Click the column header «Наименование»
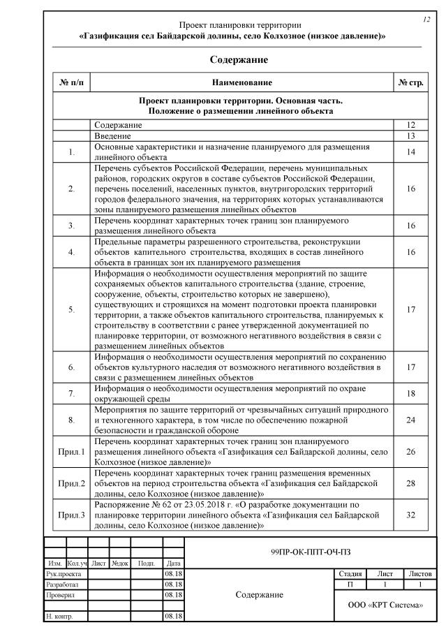click(x=241, y=82)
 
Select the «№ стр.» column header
click(x=411, y=82)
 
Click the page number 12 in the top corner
click(x=426, y=20)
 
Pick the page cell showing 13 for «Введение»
click(x=411, y=136)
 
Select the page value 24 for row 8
click(x=411, y=420)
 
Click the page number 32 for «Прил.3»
click(x=411, y=515)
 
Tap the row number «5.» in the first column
click(x=73, y=309)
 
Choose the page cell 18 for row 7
click(x=411, y=393)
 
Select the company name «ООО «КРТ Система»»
click(x=385, y=605)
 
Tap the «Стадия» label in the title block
click(x=350, y=573)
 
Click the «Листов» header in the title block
click(x=420, y=573)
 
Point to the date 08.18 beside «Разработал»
click(x=173, y=584)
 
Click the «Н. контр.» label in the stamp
click(x=59, y=617)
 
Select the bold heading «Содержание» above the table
click(x=239, y=60)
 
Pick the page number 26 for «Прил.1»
click(x=411, y=451)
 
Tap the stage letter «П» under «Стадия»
click(x=350, y=584)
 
